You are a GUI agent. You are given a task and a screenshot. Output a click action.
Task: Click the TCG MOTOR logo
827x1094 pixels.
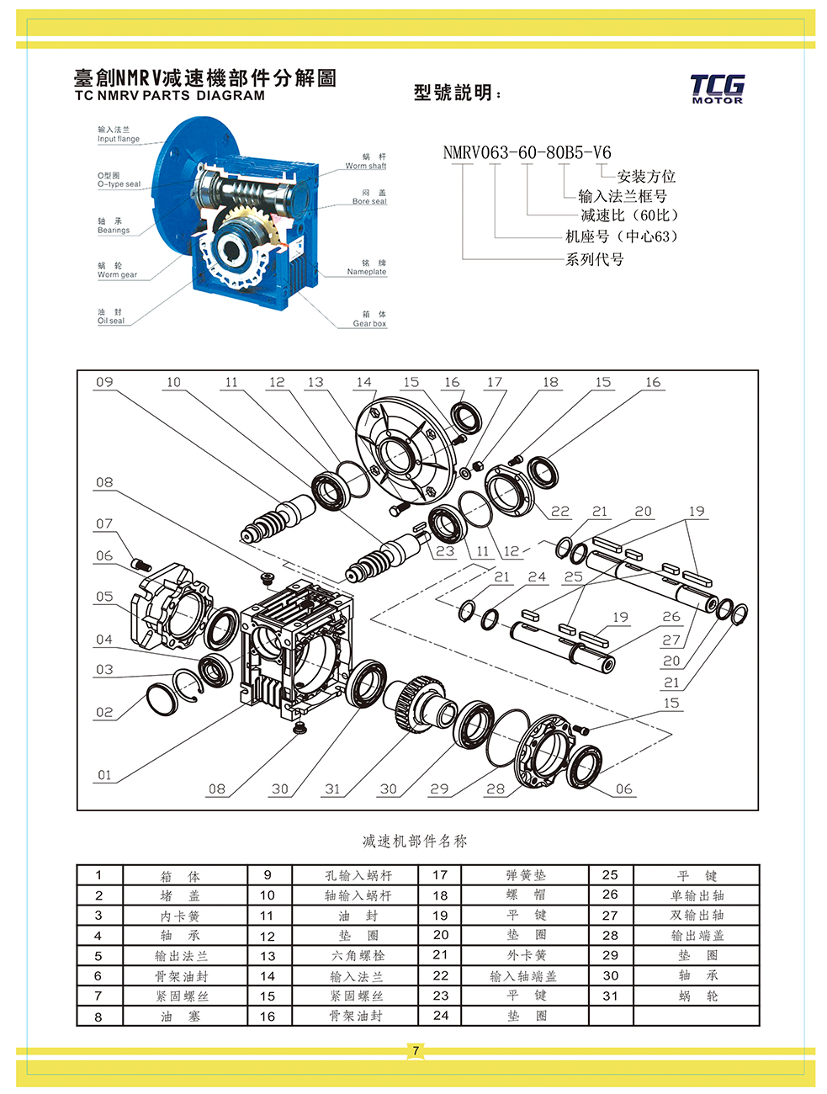[717, 88]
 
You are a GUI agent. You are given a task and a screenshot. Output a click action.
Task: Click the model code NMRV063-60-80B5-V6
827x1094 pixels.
[527, 152]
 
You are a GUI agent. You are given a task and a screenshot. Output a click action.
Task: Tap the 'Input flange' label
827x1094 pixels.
[118, 135]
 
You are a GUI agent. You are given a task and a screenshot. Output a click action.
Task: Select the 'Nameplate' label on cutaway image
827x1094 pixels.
[367, 268]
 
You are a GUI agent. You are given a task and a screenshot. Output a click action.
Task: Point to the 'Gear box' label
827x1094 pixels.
[369, 319]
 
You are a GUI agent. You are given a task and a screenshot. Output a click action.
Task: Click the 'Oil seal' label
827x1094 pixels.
[110, 316]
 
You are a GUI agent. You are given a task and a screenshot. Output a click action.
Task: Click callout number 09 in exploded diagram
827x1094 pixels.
[104, 382]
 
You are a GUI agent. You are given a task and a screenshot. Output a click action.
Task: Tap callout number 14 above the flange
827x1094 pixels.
[363, 382]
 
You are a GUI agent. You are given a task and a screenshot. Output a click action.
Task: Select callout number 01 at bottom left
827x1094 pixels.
[104, 775]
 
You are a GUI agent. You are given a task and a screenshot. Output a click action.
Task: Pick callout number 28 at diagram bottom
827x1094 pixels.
[496, 789]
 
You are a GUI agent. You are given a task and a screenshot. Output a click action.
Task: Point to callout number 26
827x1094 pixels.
[671, 616]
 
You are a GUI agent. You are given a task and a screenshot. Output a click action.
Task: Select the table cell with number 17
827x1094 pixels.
[440, 875]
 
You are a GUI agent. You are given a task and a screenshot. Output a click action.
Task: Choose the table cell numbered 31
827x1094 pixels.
[610, 996]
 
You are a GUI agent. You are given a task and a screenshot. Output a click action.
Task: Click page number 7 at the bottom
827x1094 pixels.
[415, 1050]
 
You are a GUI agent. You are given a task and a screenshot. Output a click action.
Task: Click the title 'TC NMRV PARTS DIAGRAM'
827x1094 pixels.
[170, 95]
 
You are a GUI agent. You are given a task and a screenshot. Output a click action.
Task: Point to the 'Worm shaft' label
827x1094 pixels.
[366, 162]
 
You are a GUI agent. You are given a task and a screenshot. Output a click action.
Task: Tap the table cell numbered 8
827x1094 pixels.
[98, 1016]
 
